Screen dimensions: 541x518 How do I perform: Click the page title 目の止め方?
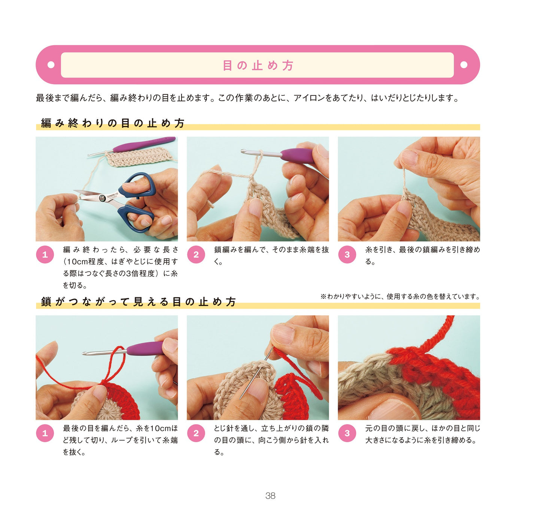coord(258,66)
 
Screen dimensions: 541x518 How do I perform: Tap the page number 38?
coord(270,496)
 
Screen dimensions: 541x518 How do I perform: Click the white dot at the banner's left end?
coord(51,64)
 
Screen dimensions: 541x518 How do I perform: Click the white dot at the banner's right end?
coord(464,64)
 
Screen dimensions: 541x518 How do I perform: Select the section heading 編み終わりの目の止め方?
coord(113,123)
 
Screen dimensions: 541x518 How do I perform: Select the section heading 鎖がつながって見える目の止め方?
coord(139,301)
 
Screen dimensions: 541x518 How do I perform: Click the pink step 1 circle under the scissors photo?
coord(45,255)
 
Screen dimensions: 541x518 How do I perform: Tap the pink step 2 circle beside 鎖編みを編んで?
coord(196,255)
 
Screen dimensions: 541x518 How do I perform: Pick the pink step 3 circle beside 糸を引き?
coord(347,255)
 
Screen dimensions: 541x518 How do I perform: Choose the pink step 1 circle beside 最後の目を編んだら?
coord(45,433)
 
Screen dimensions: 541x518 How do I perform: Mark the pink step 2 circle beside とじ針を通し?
coord(196,433)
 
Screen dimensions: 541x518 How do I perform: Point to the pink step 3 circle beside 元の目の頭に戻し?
coord(347,433)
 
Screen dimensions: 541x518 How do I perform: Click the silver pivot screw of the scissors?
coord(103,198)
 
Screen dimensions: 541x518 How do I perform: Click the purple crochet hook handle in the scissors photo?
coord(144,144)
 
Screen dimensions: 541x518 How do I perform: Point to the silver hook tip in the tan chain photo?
coord(244,151)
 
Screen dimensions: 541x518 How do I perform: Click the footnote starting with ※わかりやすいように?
coord(400,296)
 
